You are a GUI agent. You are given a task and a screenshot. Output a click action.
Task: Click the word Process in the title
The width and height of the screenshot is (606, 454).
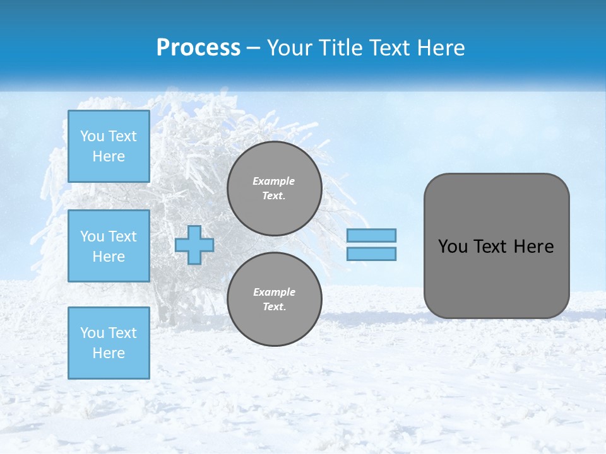[198, 47]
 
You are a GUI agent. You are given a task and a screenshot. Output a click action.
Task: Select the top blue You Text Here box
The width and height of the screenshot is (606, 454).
[109, 146]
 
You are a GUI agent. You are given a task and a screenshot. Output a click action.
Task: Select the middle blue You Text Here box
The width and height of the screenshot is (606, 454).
[109, 246]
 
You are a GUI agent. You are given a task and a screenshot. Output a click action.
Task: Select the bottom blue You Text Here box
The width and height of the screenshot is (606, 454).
[109, 342]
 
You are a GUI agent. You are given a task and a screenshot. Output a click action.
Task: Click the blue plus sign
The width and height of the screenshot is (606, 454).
[194, 245]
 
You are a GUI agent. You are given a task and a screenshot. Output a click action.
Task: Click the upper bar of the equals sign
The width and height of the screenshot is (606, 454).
[371, 235]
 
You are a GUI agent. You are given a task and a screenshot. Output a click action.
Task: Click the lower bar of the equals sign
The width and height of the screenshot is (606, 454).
[371, 253]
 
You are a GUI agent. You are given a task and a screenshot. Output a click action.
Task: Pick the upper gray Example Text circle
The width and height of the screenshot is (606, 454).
[274, 189]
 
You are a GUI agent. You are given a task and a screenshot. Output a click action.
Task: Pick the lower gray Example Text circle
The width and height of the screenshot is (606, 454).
[274, 300]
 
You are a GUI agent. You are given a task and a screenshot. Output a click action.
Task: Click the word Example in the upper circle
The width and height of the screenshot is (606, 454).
[274, 181]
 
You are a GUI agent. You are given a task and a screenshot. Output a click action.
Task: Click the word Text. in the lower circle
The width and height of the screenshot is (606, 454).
[274, 307]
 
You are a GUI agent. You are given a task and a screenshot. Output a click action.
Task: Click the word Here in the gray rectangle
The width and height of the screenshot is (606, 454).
[533, 247]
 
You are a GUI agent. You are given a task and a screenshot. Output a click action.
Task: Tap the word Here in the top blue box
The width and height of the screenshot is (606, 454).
[109, 156]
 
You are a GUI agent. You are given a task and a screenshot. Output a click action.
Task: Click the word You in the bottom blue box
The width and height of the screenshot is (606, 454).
[92, 333]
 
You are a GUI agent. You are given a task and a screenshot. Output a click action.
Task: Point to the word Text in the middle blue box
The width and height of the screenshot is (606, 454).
[122, 236]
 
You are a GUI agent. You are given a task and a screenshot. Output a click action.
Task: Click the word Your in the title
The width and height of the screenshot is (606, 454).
[289, 47]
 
